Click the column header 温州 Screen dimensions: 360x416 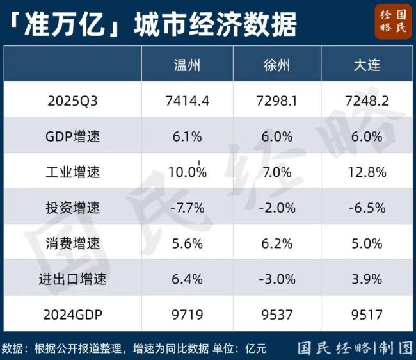[x=187, y=65]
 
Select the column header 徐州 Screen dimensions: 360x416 [x=278, y=65]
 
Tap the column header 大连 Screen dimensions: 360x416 [x=367, y=65]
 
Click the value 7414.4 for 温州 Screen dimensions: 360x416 [x=187, y=101]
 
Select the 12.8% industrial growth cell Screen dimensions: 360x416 [x=367, y=172]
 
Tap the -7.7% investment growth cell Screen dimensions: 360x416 [x=187, y=208]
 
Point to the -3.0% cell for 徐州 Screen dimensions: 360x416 [x=278, y=279]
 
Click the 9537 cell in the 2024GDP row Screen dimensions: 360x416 [x=278, y=314]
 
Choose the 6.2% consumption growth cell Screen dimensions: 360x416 [x=278, y=243]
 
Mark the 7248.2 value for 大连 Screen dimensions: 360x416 [x=367, y=101]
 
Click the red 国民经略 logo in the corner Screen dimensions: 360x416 [x=393, y=23]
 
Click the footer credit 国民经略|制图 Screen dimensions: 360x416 [x=355, y=348]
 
